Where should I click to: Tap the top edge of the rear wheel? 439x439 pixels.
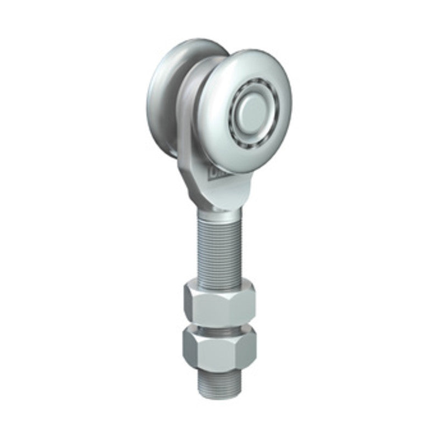tap(187, 44)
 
